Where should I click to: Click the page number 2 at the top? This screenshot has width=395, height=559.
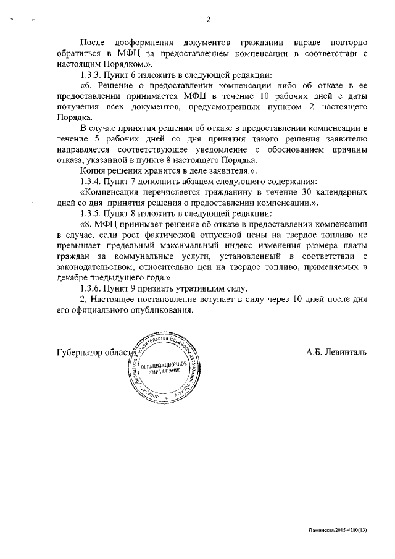point(208,19)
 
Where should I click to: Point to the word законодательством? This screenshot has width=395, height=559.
point(96,267)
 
